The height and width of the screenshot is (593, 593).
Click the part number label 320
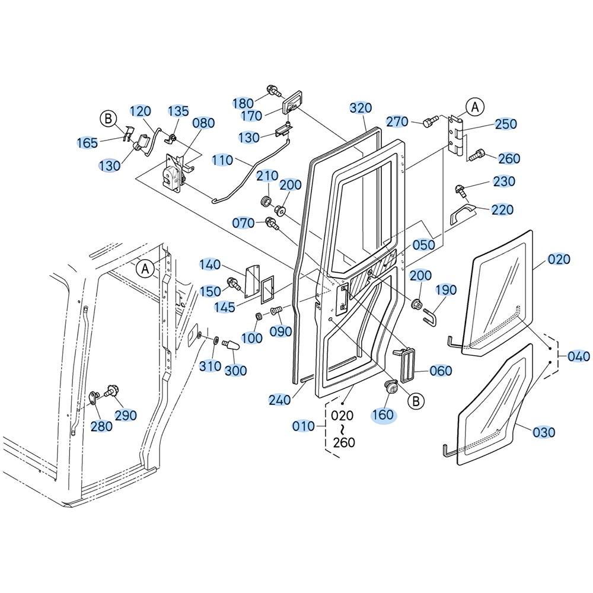point(361,108)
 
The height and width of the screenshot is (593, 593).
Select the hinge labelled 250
point(456,135)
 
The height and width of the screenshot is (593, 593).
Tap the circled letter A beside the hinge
point(475,107)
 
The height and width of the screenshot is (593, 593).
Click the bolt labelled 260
point(477,155)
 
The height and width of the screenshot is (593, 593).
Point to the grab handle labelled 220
point(463,212)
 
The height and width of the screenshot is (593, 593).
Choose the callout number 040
point(579,356)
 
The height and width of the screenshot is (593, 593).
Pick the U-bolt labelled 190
point(429,317)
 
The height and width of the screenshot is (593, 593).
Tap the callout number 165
point(87,143)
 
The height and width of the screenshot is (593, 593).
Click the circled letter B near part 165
point(108,119)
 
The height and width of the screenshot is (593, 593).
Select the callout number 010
point(303,426)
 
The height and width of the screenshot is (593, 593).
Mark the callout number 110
point(222,160)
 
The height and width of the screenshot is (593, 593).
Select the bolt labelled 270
point(429,121)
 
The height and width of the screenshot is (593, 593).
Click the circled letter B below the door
point(416,401)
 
